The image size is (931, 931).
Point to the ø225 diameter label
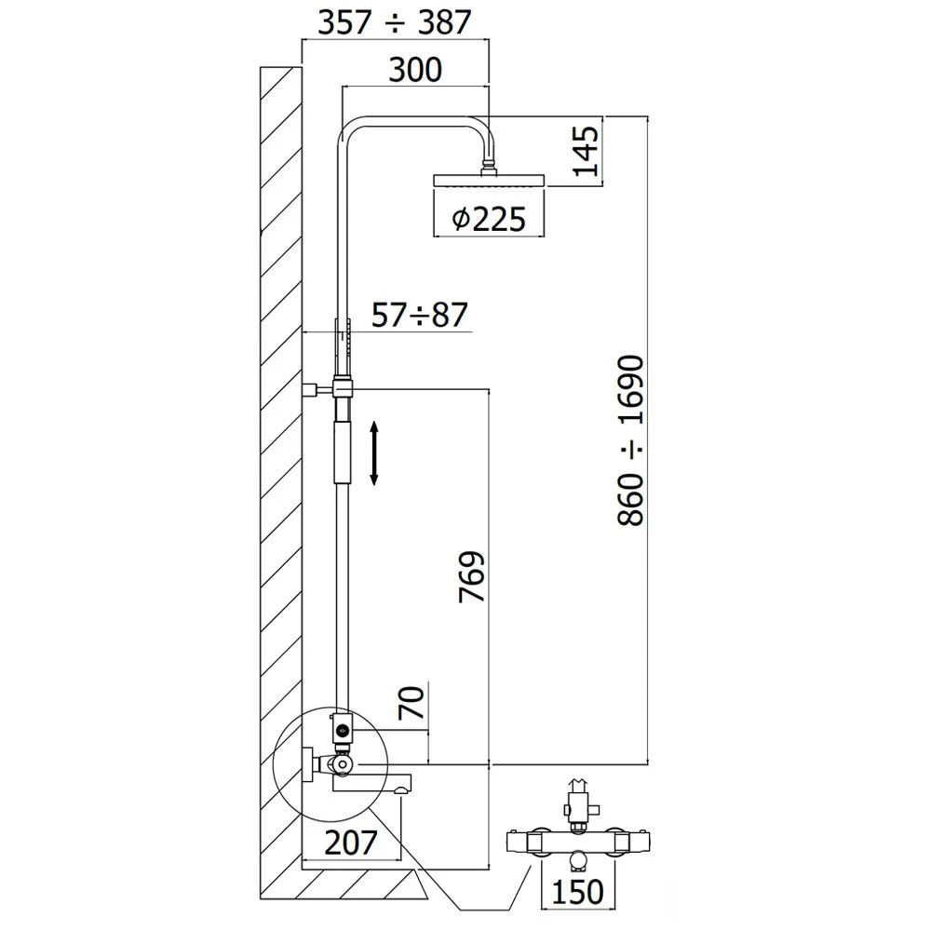[x=489, y=219]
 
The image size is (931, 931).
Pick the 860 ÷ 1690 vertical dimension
[x=631, y=439]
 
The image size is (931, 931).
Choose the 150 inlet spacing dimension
[x=572, y=892]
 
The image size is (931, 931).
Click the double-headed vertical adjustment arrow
[x=374, y=452]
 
